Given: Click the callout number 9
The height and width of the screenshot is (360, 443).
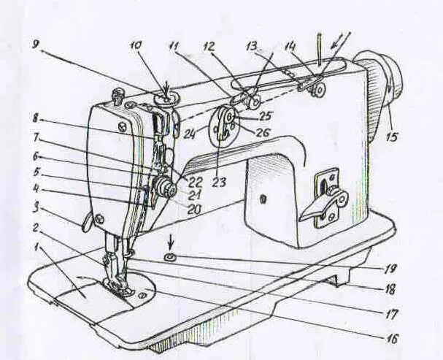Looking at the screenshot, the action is point(36,43).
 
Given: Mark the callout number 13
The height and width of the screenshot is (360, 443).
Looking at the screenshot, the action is point(251,46).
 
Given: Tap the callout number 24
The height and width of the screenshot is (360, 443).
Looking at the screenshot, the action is point(191,133).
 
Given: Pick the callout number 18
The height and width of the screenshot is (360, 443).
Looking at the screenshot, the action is point(400,289).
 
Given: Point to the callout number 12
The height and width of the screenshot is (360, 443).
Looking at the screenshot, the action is point(209,46).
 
